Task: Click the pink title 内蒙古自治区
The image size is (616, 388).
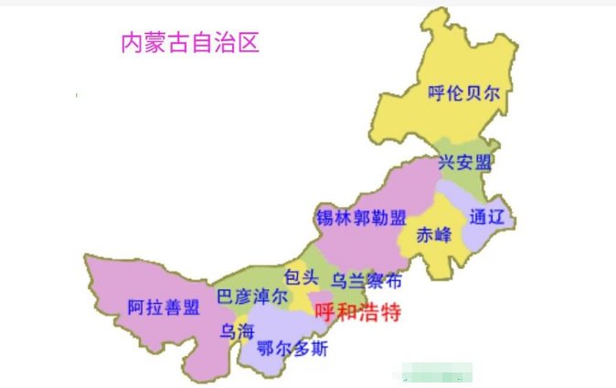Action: (190, 43)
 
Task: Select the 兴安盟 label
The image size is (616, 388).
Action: (464, 163)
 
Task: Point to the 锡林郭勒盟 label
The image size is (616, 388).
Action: (360, 218)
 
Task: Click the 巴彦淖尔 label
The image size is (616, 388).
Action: (251, 296)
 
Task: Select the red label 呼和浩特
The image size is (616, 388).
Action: (357, 311)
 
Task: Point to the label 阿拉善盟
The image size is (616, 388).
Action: (163, 307)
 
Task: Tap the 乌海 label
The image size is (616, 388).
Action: (236, 331)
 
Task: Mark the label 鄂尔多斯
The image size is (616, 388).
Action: (292, 349)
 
